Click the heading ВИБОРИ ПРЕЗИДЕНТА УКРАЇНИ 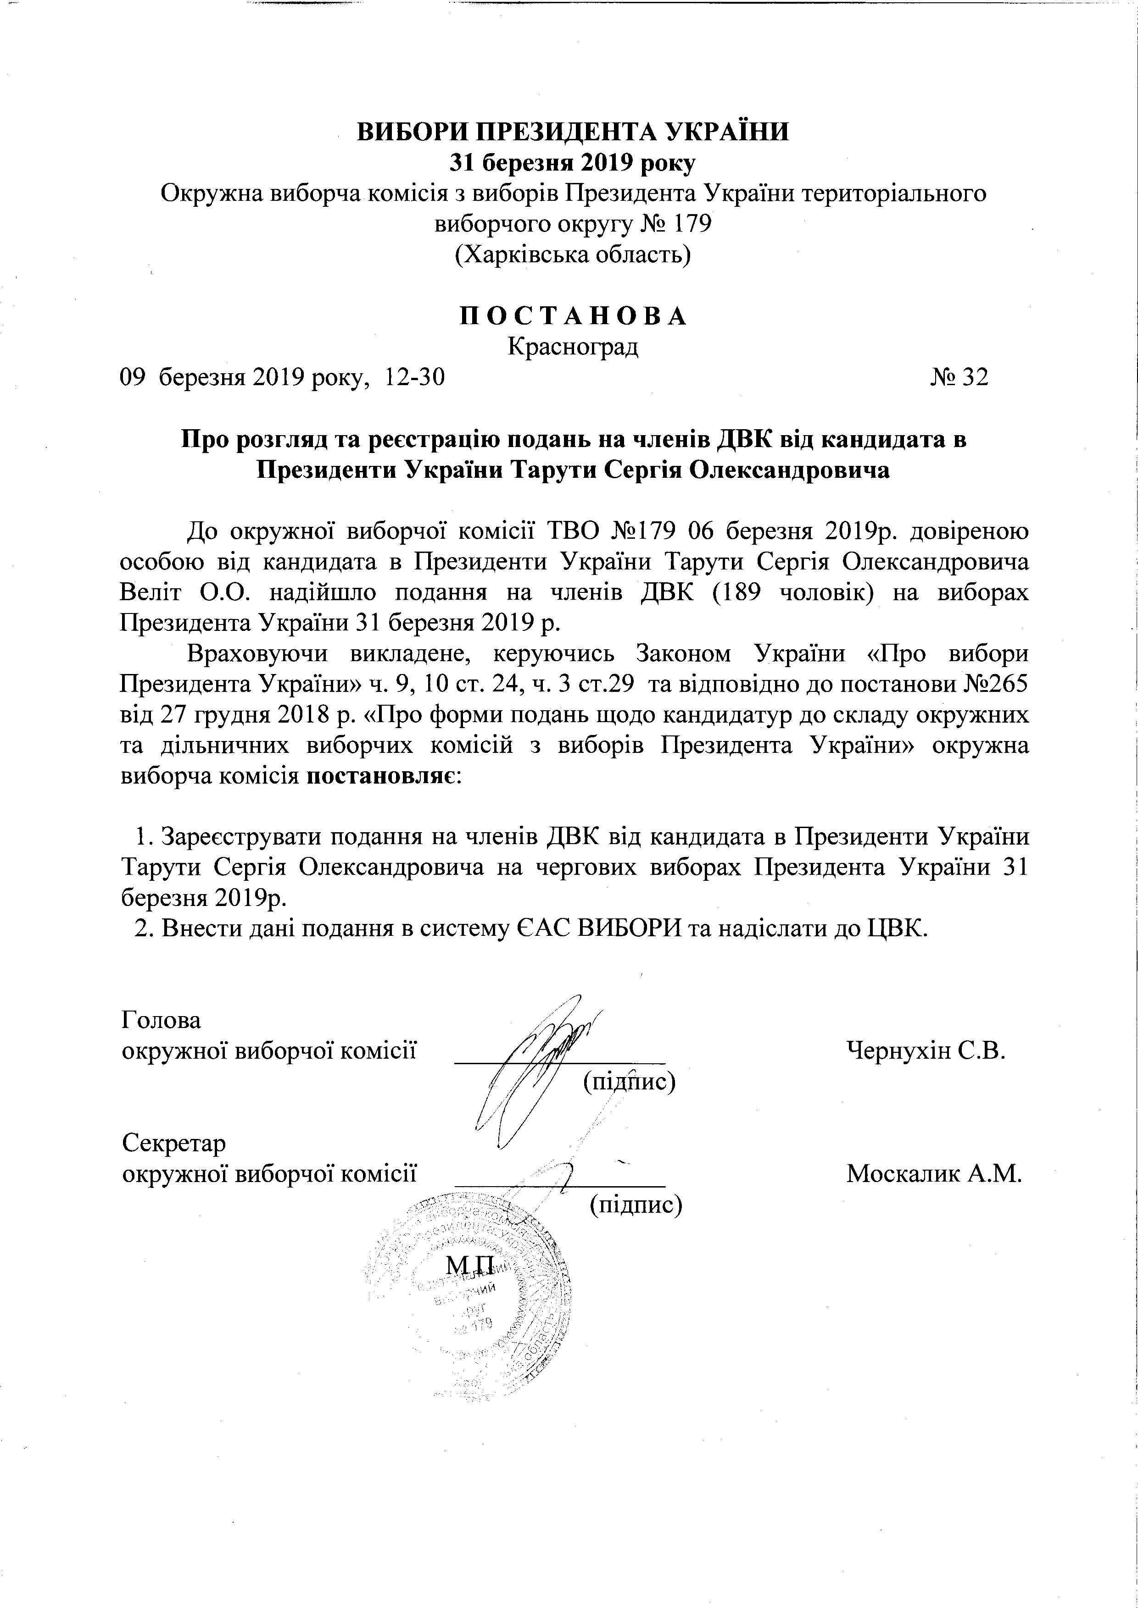tap(573, 132)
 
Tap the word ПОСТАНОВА tap(573, 316)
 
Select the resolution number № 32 tap(959, 377)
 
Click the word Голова tap(161, 1020)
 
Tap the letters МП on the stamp tap(471, 1264)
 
